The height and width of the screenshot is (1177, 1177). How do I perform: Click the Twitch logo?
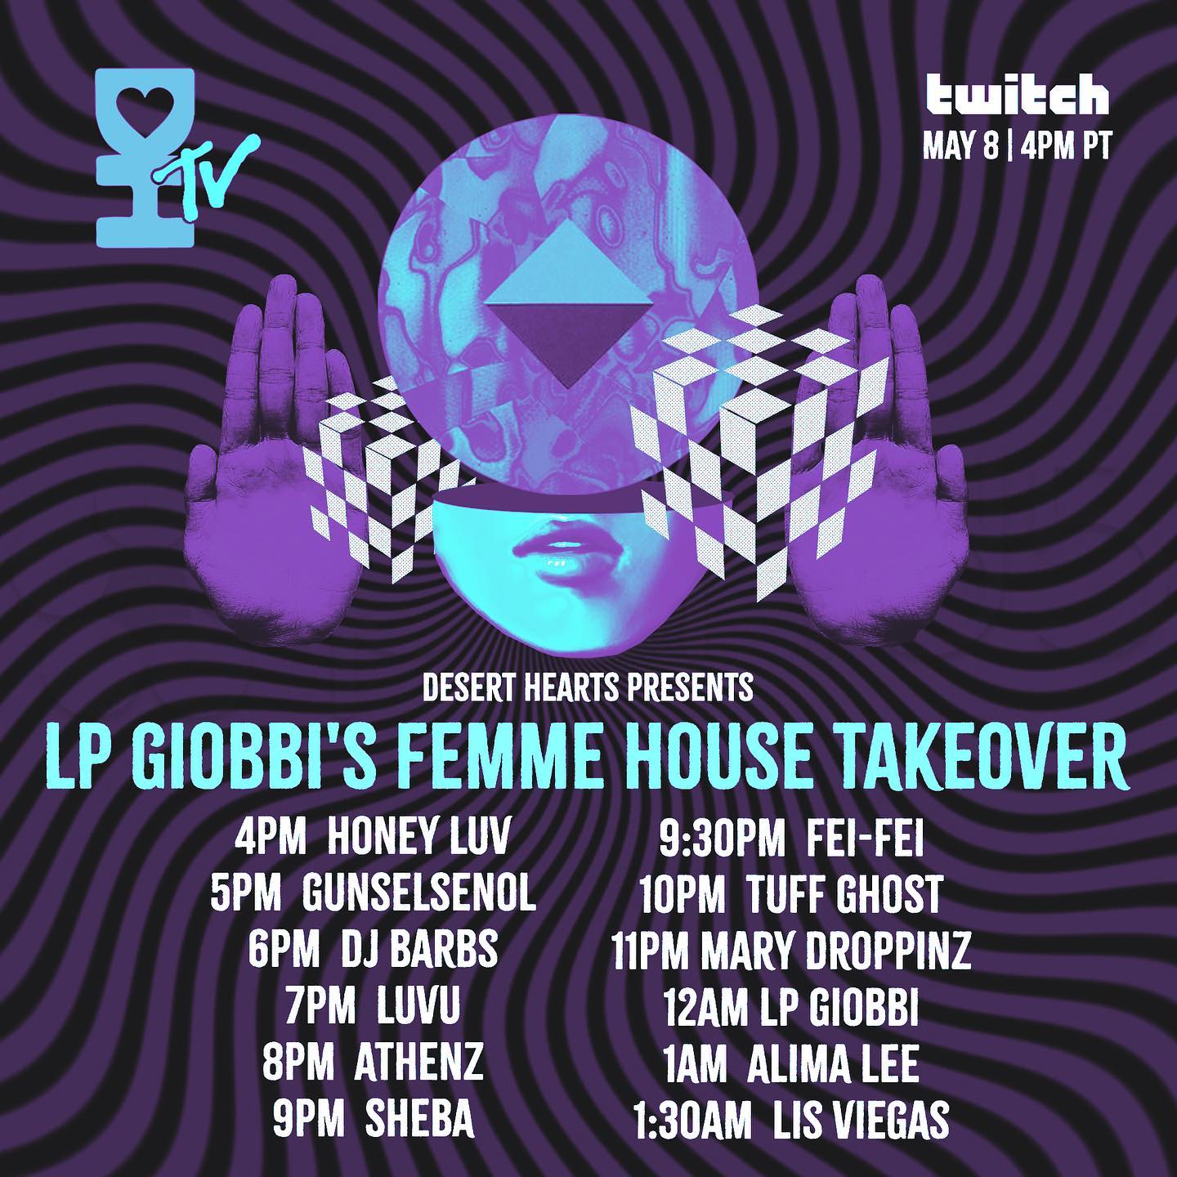[1016, 96]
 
